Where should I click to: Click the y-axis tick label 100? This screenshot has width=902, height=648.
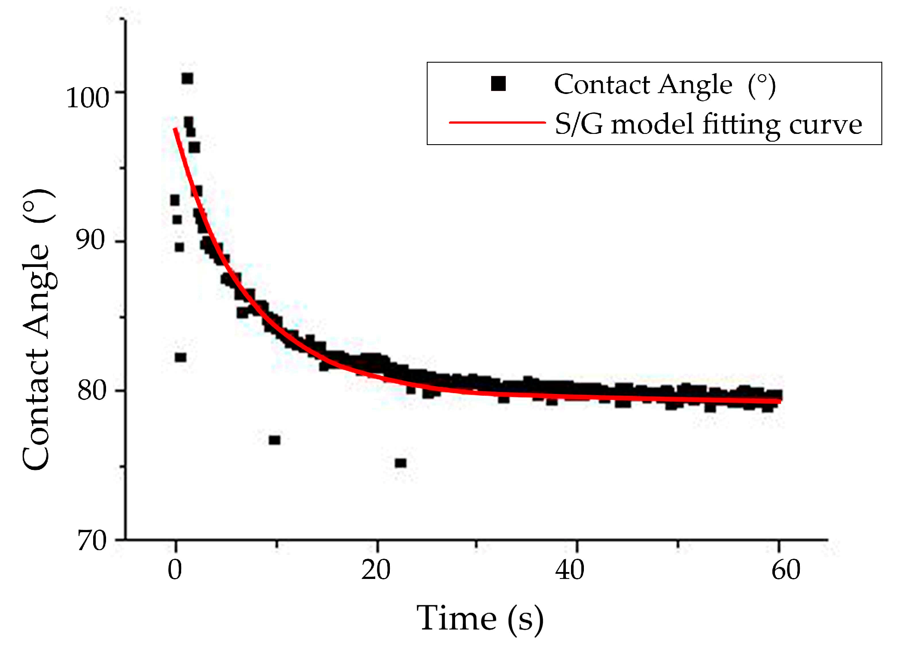click(88, 98)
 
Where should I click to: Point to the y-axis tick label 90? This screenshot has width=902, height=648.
click(91, 240)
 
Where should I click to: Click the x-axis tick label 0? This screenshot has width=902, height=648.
click(175, 570)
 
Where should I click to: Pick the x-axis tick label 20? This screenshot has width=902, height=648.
click(376, 570)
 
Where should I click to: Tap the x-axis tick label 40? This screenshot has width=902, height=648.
click(569, 570)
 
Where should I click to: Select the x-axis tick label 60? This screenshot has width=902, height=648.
click(786, 570)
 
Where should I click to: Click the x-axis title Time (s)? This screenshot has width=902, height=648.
click(480, 618)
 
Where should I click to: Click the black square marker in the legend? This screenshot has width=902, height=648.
click(498, 84)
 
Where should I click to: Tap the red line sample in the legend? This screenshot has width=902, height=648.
click(497, 123)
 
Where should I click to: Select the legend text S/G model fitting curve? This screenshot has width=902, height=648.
click(708, 124)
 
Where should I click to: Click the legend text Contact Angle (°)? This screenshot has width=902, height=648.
click(665, 85)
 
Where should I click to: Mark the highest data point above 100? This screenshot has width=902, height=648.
click(187, 79)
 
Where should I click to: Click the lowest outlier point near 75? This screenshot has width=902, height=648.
click(401, 463)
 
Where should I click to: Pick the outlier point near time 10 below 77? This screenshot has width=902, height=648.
click(274, 440)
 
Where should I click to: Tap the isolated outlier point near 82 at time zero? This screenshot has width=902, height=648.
click(180, 357)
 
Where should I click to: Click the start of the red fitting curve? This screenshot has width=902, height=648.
click(175, 129)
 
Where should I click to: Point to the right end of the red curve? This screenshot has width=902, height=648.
click(780, 401)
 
